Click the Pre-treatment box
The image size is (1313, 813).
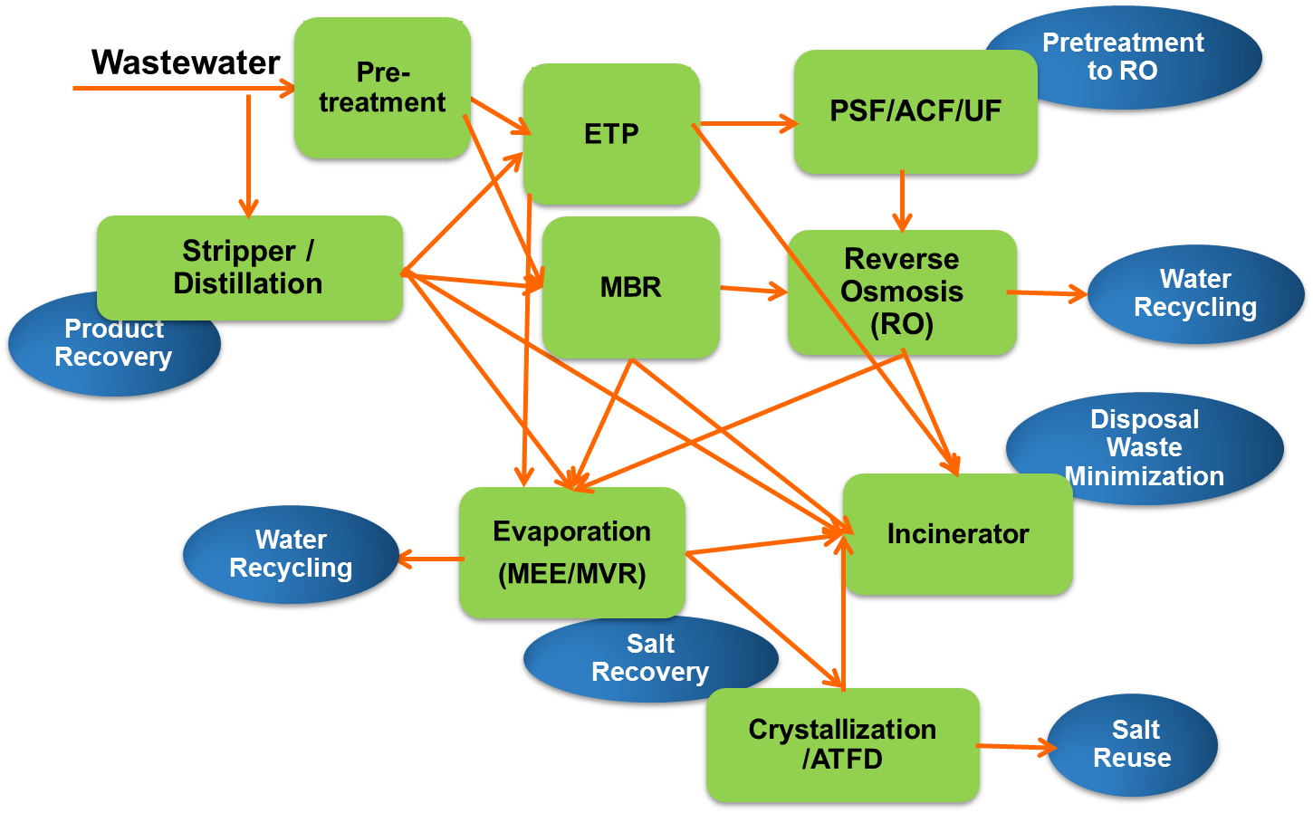coord(382,88)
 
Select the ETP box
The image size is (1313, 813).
coord(611,134)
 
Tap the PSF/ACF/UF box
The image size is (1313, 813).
coord(915,111)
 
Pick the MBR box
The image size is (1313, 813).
coord(631,287)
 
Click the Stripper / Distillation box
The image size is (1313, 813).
coord(249,268)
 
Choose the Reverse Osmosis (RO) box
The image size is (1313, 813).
coord(902,292)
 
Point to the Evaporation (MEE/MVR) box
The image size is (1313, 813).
coord(571,552)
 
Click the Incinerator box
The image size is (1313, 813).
coord(958,534)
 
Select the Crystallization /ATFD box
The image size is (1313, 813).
coord(842,744)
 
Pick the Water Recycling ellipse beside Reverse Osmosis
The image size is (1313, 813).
coord(1195,293)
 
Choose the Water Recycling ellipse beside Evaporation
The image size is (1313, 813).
coord(291,554)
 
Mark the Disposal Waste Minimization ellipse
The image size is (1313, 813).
coord(1145,435)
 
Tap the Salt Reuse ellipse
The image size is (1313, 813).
coord(1133,744)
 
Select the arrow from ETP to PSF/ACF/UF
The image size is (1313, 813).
coord(746,123)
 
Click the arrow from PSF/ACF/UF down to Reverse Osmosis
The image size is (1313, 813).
coord(902,201)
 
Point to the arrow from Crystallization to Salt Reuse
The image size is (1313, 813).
coord(1014,747)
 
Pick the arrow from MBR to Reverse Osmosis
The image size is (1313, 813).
coord(753,290)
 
